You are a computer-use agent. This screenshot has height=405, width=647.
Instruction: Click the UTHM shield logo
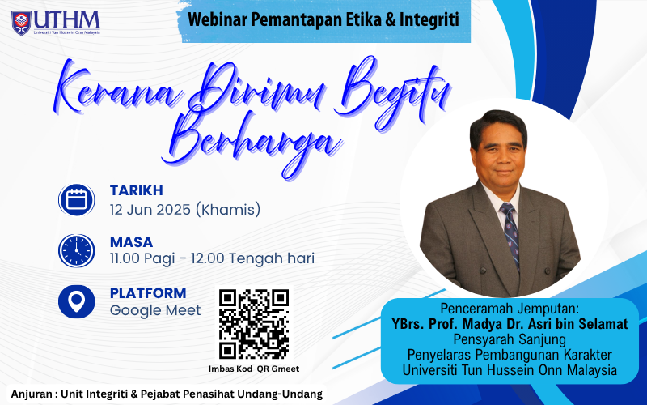click(22, 23)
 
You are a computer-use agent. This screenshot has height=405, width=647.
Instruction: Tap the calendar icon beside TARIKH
click(76, 200)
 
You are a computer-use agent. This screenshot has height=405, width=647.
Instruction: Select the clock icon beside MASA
click(76, 250)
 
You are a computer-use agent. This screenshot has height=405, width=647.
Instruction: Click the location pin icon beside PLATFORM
click(76, 301)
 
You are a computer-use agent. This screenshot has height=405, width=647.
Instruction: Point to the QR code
click(254, 324)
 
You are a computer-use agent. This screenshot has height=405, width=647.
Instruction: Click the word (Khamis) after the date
click(228, 210)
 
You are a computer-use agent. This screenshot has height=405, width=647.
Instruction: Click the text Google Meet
click(155, 310)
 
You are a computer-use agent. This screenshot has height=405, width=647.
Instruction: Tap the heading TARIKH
click(136, 190)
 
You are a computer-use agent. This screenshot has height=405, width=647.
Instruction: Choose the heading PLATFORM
click(148, 293)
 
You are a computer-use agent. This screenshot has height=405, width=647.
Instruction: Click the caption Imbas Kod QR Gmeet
click(254, 369)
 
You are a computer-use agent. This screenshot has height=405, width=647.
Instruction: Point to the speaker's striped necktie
click(511, 234)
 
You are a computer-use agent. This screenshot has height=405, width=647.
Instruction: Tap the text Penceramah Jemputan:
click(510, 309)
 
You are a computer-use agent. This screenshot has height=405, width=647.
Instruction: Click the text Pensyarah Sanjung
click(510, 339)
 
